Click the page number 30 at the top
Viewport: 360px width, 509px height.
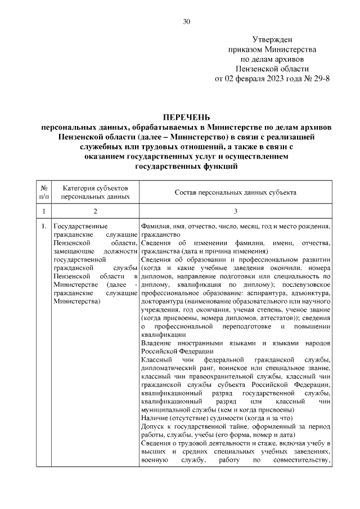click(187, 22)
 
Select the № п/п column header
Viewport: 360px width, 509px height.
click(44, 192)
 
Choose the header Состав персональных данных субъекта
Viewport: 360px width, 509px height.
click(235, 192)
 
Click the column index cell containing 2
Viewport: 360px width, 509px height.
click(95, 211)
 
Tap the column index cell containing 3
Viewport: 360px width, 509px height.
click(235, 211)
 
